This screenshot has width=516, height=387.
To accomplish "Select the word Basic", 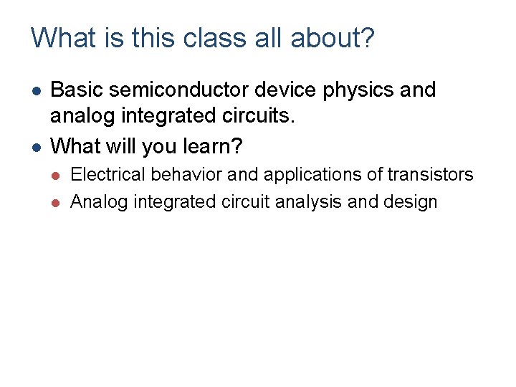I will point(75,90).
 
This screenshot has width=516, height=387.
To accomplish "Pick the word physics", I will point(353,91).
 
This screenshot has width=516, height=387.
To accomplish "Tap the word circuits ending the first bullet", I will point(282,118).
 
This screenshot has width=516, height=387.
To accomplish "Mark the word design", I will point(410,202).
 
